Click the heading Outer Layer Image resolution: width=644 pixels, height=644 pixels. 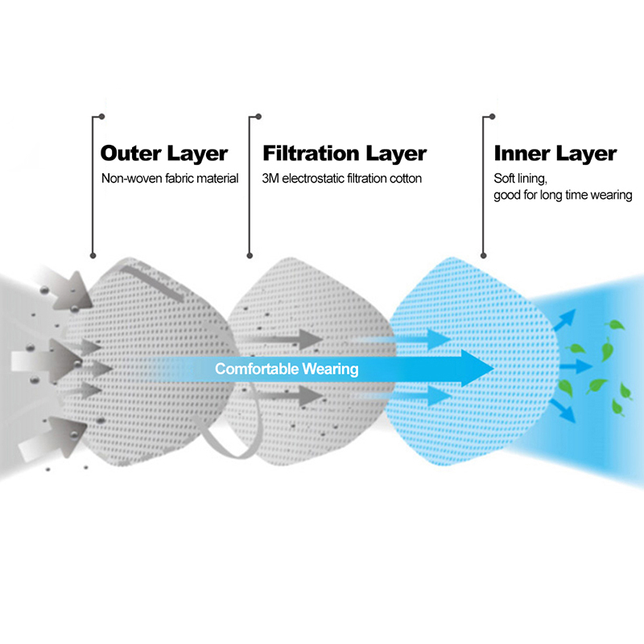point(164,153)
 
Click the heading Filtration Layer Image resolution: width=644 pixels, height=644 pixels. point(345,153)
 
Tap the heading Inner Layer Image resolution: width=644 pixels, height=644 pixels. point(555,153)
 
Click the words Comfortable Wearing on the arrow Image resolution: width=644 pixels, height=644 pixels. point(287,369)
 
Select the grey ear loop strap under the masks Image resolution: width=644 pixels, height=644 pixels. point(233,439)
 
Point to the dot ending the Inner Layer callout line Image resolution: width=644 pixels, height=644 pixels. point(484,256)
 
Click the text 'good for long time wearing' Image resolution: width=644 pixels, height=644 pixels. point(563,196)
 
